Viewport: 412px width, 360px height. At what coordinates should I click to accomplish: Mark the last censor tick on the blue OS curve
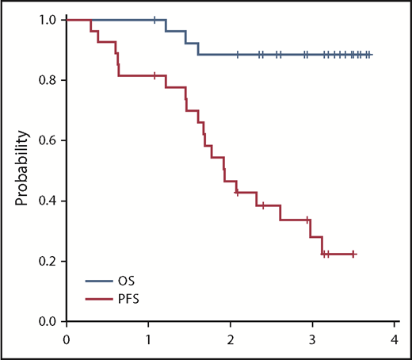coord(368,55)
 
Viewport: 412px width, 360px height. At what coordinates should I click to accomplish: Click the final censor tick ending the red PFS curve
coord(353,254)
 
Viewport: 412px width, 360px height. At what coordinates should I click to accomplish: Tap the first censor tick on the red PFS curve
coord(154,75)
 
